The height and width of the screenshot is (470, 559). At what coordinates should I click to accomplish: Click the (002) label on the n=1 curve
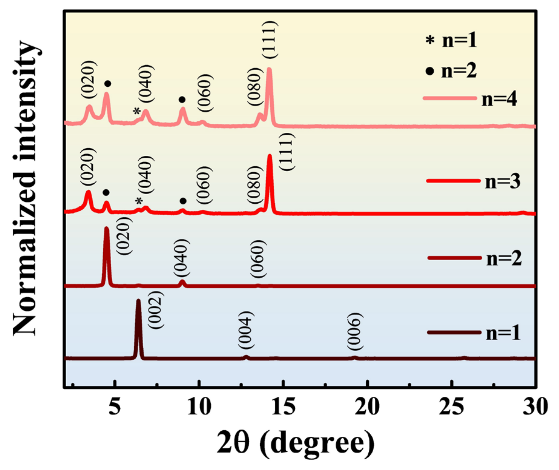tap(156, 309)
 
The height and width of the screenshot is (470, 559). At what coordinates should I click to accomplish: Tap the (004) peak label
tap(245, 330)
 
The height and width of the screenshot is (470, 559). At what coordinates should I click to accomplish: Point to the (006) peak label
tap(354, 331)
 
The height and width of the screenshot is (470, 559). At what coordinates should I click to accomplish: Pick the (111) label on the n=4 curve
tap(269, 40)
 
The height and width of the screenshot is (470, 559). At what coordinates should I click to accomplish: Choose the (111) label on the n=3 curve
tap(286, 152)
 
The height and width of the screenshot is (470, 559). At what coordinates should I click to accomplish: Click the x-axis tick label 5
tap(115, 406)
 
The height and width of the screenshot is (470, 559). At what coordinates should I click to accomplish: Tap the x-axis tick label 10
tap(199, 406)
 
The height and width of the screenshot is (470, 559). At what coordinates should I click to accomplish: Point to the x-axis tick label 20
tap(367, 406)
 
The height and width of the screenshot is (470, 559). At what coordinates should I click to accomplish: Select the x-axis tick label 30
tap(535, 406)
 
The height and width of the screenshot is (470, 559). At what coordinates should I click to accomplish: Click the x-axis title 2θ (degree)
tap(295, 443)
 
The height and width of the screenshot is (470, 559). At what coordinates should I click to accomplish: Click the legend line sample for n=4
tap(450, 98)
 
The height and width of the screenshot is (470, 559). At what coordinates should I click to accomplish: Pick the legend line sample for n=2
tap(454, 258)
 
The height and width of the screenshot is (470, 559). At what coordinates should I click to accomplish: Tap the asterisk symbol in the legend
tap(430, 40)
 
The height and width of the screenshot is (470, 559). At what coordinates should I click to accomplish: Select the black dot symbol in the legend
tap(430, 72)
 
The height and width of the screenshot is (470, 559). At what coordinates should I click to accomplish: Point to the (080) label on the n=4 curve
tap(254, 87)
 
